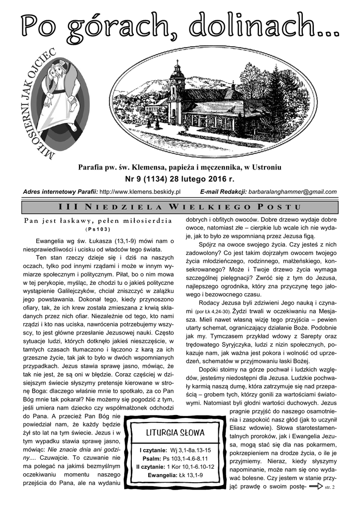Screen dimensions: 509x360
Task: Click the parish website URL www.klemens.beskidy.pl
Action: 140,191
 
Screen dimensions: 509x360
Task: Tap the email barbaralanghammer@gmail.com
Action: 292,191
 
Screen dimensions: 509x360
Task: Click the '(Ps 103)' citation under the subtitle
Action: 98,229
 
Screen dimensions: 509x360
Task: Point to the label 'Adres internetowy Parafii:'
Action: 60,191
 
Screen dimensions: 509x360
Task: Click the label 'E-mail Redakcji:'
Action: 223,191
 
